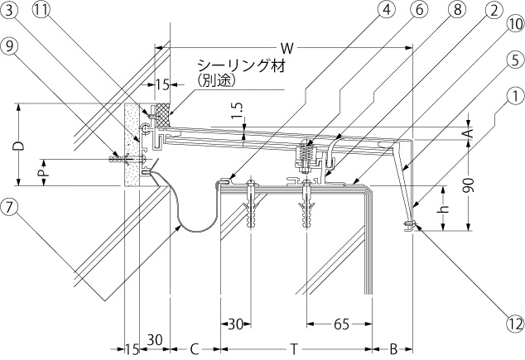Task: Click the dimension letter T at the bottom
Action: coord(294,349)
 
